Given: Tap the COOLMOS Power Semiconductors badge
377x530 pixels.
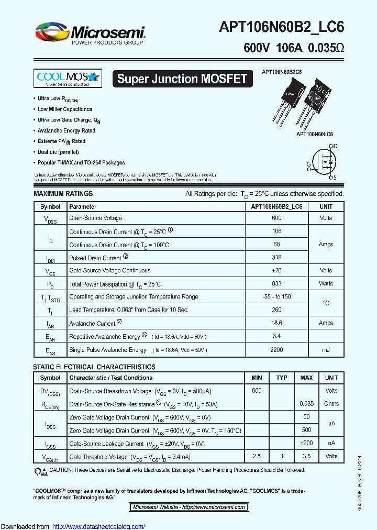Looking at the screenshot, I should tap(67, 79).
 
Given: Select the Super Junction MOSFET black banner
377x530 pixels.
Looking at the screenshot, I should tap(182, 79).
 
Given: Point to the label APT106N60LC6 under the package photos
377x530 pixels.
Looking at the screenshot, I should tap(315, 134).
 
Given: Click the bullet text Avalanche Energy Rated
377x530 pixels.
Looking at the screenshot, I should tap(66, 130).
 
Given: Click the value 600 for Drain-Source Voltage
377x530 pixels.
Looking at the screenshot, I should tap(276, 218).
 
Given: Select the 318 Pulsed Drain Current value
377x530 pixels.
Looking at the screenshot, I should tap(276, 258).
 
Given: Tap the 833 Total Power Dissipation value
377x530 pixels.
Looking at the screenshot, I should tap(276, 284).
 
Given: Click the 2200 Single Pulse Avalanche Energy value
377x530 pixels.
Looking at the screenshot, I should tap(276, 350).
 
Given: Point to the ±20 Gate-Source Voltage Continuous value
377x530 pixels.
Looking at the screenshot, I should tap(276, 271).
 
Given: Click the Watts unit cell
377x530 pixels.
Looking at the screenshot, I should tap(326, 284).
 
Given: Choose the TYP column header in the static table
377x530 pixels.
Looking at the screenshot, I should tap(282, 378).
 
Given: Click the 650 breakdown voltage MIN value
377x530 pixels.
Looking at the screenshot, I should tap(257, 391).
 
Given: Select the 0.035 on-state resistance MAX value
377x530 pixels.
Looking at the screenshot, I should tap(307, 404).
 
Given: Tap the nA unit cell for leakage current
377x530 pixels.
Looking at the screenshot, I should tap(331, 444).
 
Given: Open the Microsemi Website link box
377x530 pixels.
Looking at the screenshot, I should tap(189, 507).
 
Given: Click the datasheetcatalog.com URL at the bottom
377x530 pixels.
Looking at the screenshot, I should tap(99, 526).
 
